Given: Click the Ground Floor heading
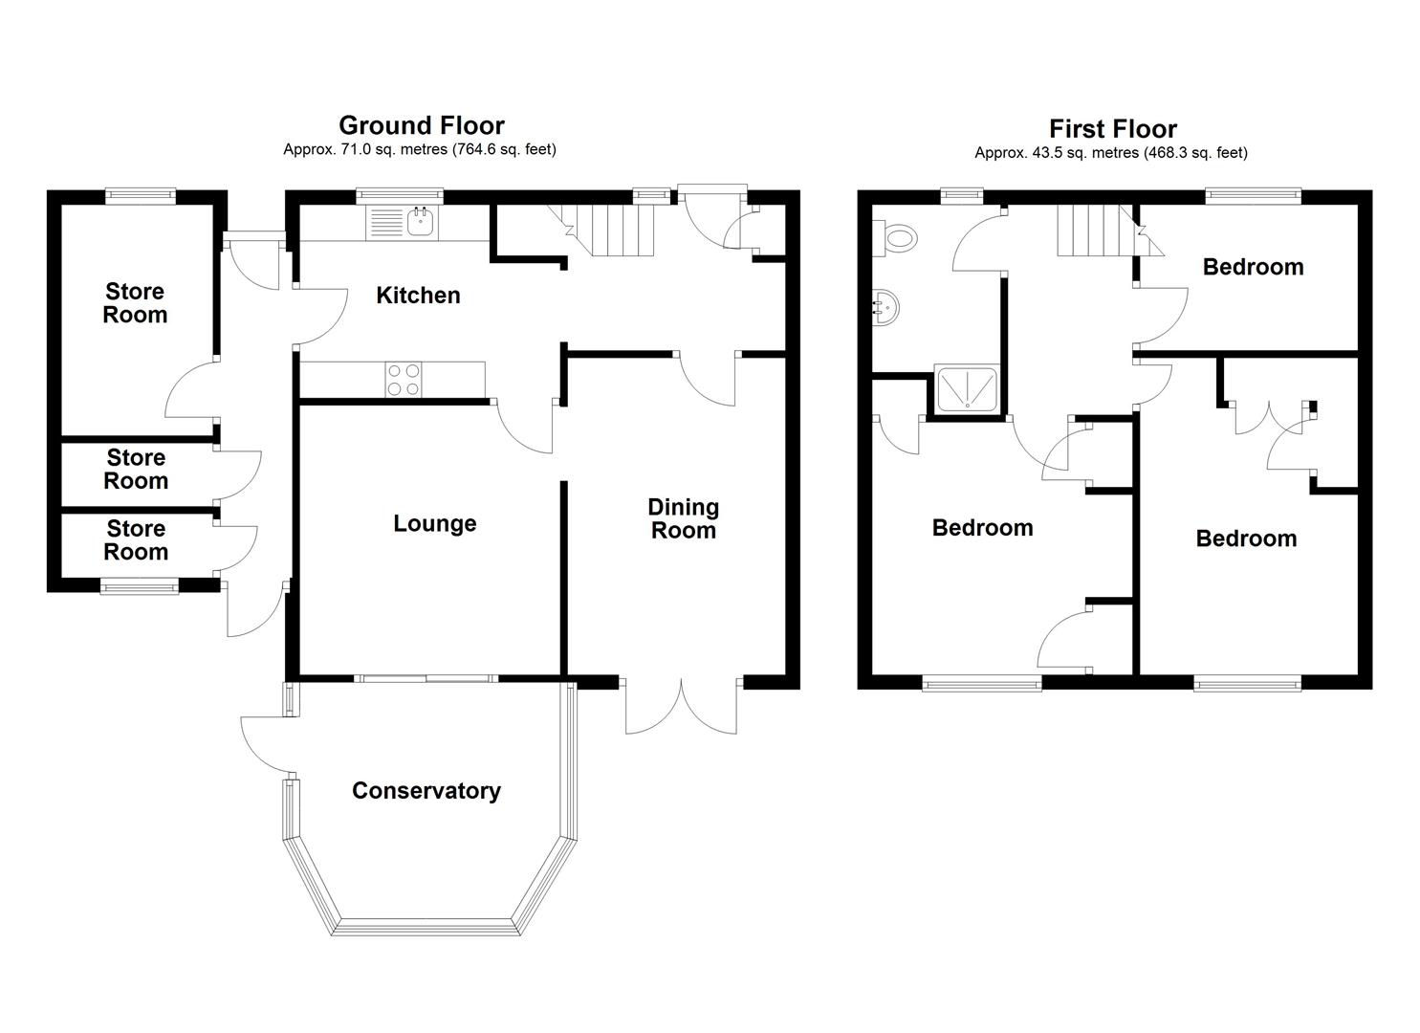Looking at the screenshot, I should (421, 125).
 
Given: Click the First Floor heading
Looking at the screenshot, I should (1112, 129).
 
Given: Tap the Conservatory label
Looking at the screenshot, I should (426, 791).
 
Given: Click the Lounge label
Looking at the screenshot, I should (434, 523).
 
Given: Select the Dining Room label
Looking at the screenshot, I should (684, 518).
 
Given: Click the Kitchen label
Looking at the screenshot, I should (418, 296).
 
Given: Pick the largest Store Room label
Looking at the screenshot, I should (135, 303).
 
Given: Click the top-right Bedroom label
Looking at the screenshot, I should (1253, 267).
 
